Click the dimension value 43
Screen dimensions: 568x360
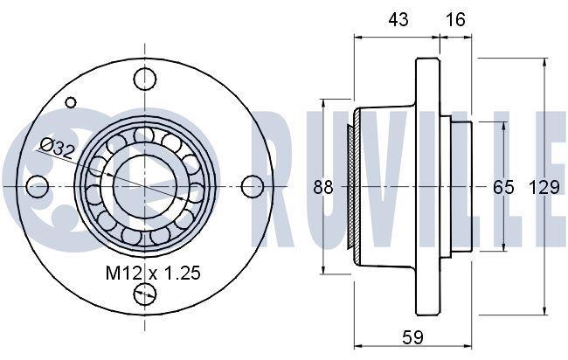(398, 19)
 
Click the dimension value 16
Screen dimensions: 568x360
(455, 19)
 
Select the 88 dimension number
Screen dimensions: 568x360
(323, 187)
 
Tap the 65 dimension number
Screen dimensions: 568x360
(503, 187)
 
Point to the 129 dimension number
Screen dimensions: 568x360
(544, 187)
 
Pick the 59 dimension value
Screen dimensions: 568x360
(412, 337)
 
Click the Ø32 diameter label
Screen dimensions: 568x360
(57, 149)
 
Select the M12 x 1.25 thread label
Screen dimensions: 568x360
(153, 273)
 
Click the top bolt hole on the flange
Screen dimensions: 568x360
(145, 79)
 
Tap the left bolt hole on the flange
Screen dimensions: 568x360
(38, 186)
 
